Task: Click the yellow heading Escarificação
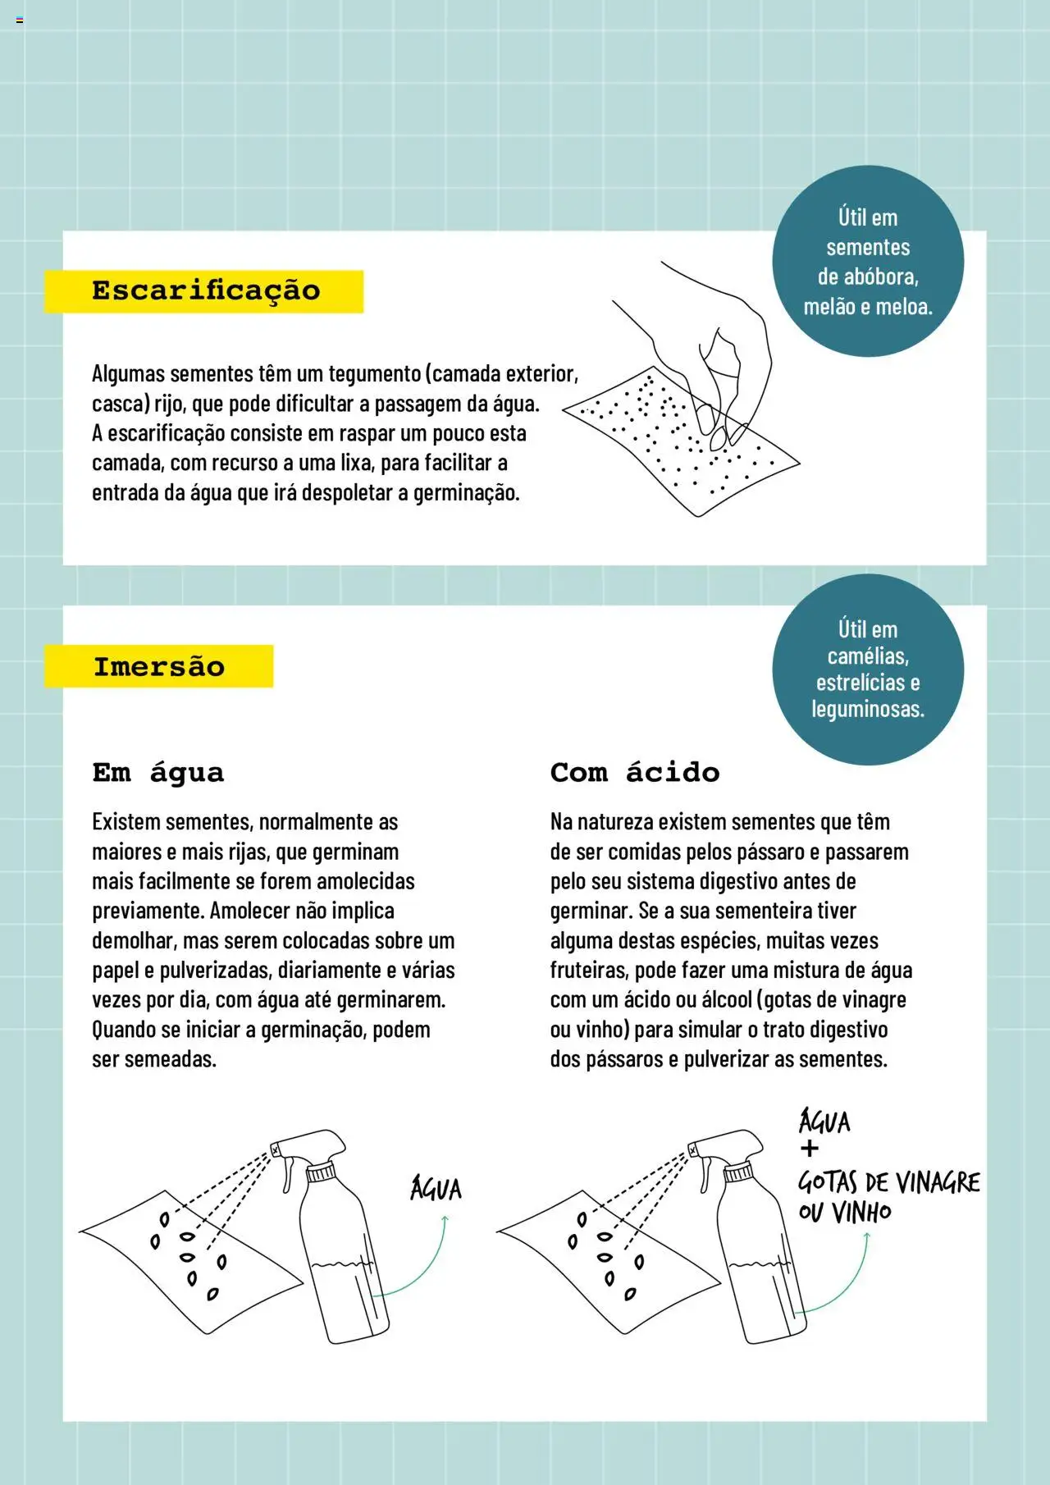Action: [x=205, y=291]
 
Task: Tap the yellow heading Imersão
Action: [x=158, y=666]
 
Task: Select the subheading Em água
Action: [x=157, y=772]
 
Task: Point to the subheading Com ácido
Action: [x=634, y=772]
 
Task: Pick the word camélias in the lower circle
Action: [x=867, y=656]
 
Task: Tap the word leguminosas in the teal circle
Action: [x=867, y=709]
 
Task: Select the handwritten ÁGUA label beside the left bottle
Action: [x=436, y=1189]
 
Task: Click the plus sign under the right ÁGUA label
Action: [x=810, y=1149]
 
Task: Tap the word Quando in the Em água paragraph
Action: [x=124, y=1030]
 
